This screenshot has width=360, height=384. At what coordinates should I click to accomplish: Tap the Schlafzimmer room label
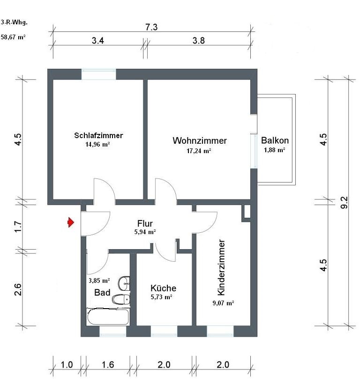98,135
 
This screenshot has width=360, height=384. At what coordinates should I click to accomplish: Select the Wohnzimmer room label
200,140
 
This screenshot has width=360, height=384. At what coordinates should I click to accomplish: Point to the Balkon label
275,140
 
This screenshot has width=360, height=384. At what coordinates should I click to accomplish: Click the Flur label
145,223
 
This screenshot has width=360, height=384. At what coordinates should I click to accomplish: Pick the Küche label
163,288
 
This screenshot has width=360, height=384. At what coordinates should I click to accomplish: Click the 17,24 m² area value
199,151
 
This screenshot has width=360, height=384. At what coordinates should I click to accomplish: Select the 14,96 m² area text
98,145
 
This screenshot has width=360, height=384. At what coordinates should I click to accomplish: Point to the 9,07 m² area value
223,303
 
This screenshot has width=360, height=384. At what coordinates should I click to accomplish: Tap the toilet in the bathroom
121,299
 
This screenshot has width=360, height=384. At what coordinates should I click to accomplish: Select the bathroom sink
124,282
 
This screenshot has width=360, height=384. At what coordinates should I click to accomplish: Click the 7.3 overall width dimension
151,27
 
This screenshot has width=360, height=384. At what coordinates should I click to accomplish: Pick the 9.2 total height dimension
345,202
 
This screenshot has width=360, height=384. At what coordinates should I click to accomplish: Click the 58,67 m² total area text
13,37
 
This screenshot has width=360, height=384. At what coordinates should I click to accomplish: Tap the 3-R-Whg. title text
13,22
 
